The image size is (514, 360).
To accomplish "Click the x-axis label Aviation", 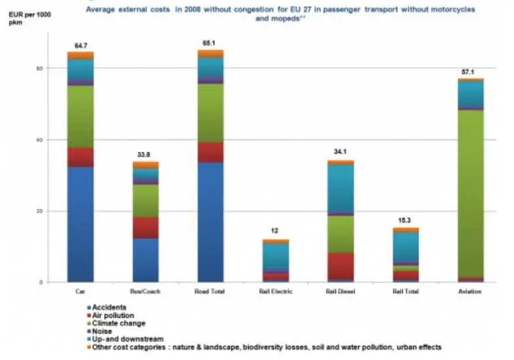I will click(469, 291).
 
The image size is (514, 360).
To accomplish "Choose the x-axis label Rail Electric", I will click(275, 291).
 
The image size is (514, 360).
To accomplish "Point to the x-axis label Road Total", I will click(210, 291).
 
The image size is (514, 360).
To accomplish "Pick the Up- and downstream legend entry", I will click(122, 339).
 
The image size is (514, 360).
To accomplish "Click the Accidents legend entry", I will click(109, 307).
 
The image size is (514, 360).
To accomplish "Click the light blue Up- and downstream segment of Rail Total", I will click(405, 247).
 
